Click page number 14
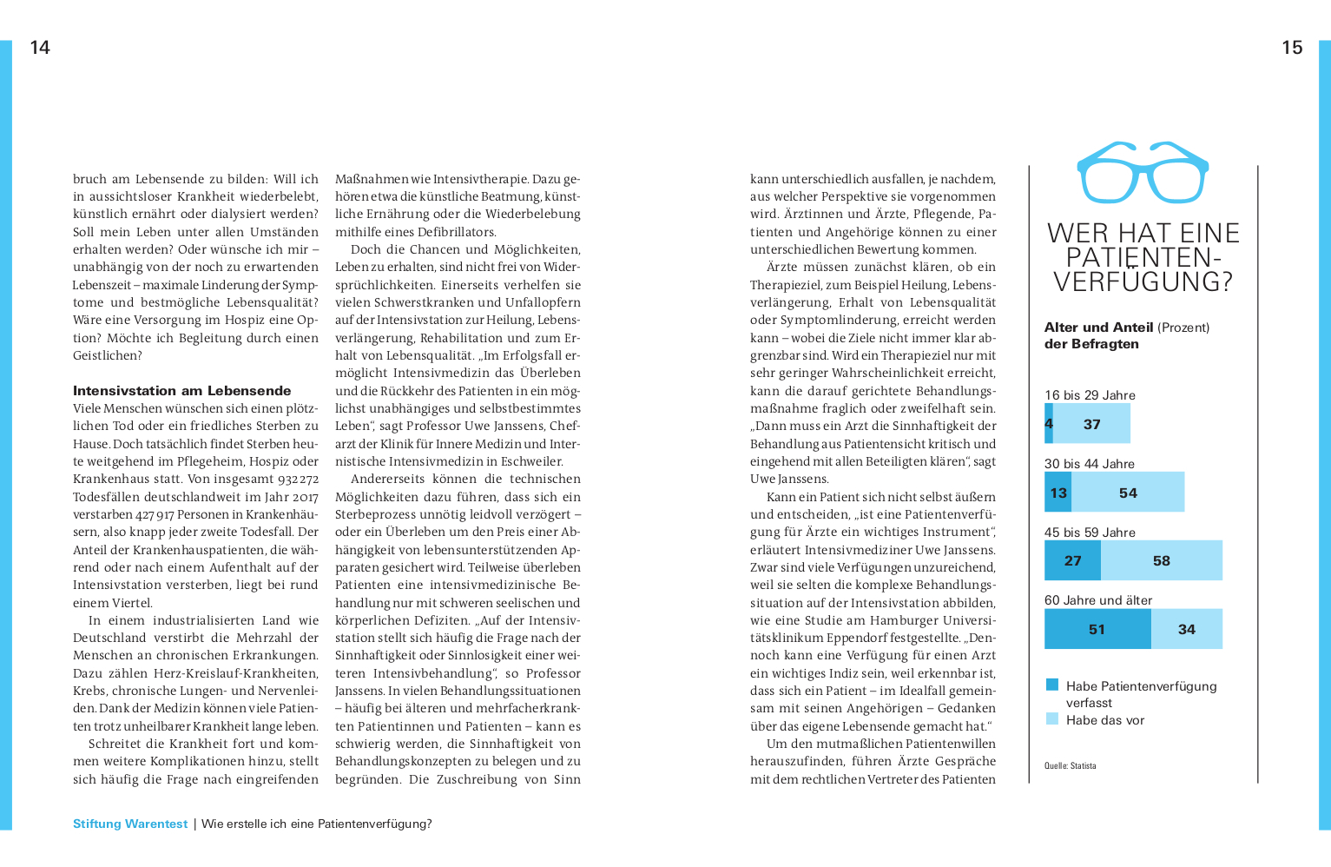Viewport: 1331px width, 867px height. coord(40,48)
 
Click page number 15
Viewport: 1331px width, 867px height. coord(1292,48)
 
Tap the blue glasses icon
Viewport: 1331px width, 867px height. coord(1143,172)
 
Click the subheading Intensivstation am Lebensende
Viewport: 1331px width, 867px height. coord(181,391)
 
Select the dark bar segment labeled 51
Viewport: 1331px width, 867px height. coord(1097,629)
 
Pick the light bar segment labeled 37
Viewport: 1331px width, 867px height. coord(1091,424)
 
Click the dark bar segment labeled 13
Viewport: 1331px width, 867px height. coord(1058,493)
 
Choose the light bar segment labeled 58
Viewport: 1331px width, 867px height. coord(1162,560)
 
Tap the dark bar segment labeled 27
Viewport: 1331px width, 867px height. coord(1072,560)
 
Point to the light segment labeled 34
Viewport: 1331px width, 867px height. coord(1187,629)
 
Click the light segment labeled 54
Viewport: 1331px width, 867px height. coord(1128,493)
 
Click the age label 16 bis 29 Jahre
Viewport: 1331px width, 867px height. coord(1090,395)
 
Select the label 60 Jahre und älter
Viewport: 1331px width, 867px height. coord(1098,600)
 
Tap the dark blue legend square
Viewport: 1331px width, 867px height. coord(1052,685)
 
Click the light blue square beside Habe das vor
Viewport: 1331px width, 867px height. coord(1052,718)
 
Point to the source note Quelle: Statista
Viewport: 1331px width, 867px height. coord(1070,766)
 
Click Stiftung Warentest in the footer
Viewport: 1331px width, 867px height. coord(130,824)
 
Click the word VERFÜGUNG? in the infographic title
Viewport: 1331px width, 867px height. coord(1143,282)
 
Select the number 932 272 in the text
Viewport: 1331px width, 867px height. coord(298,480)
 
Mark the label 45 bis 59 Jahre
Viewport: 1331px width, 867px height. coord(1090,533)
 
